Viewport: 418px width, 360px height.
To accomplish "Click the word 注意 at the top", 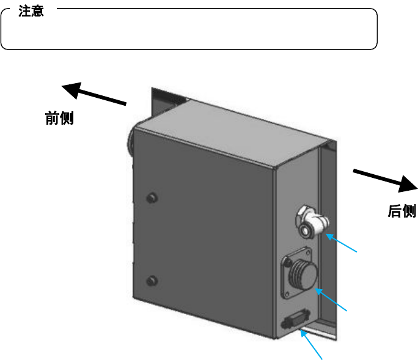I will point(31,12).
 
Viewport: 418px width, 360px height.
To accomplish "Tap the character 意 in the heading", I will point(37,12).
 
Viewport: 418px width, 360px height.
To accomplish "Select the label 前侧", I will point(60,118).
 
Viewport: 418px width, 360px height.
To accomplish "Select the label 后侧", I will point(402,211).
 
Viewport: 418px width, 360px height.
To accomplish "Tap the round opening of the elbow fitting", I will point(305,231).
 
